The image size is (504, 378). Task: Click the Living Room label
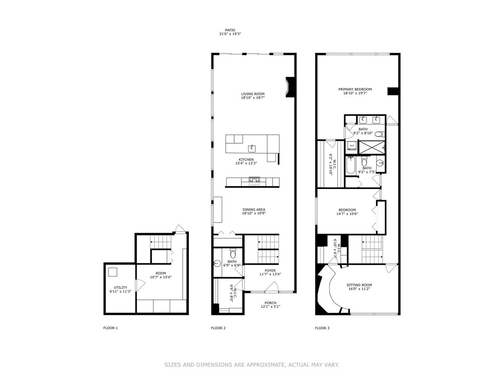pyautogui.click(x=252, y=94)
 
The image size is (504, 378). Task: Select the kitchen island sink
pyautogui.click(x=252, y=149)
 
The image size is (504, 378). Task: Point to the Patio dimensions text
pyautogui.click(x=230, y=34)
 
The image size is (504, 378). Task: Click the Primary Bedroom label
pyautogui.click(x=355, y=89)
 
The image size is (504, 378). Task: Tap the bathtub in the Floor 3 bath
pyautogui.click(x=350, y=165)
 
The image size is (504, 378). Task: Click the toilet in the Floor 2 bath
pyautogui.click(x=233, y=253)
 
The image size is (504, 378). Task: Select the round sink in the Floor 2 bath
pyautogui.click(x=217, y=263)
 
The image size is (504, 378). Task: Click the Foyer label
pyautogui.click(x=270, y=270)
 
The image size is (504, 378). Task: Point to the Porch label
pyautogui.click(x=270, y=303)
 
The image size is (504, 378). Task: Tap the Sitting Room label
pyautogui.click(x=359, y=285)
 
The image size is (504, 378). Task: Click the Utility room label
pyautogui.click(x=120, y=288)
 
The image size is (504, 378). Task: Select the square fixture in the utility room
pyautogui.click(x=113, y=272)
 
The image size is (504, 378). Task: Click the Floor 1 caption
pyautogui.click(x=110, y=328)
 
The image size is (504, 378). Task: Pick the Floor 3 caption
pyautogui.click(x=322, y=328)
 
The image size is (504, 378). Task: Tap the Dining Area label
pyautogui.click(x=254, y=210)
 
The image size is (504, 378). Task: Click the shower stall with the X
pyautogui.click(x=372, y=147)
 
